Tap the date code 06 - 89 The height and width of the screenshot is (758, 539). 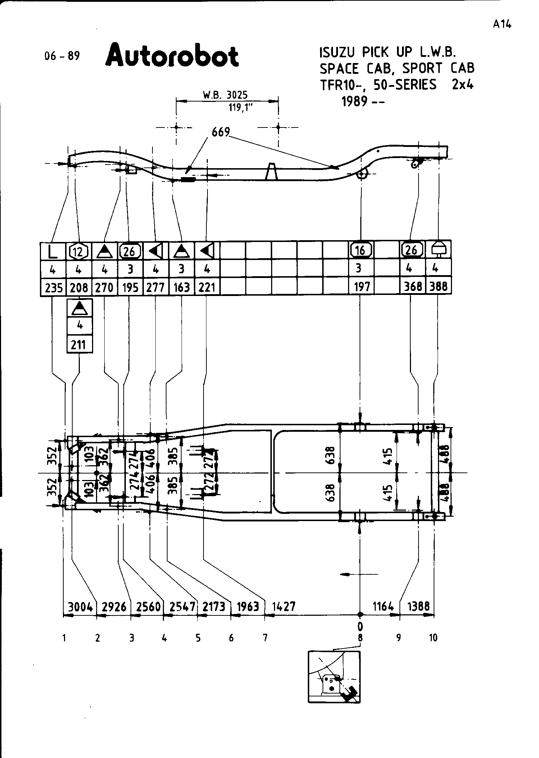click(x=61, y=57)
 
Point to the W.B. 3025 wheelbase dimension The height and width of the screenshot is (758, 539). click(x=225, y=95)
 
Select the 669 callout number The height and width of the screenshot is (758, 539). click(x=220, y=133)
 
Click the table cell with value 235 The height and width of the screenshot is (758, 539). click(x=53, y=287)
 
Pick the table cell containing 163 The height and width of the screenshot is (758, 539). click(x=182, y=287)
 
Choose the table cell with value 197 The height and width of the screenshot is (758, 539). click(x=361, y=287)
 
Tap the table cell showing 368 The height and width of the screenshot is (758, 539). click(x=412, y=287)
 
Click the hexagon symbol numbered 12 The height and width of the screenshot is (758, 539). click(x=79, y=251)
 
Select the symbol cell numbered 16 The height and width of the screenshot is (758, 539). click(x=361, y=250)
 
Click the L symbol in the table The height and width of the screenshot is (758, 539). click(x=53, y=251)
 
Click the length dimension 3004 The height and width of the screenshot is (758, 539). click(x=80, y=607)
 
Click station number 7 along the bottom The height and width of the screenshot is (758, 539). click(x=265, y=638)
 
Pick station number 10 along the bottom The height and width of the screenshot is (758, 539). click(x=433, y=638)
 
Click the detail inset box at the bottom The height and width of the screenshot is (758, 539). click(x=334, y=677)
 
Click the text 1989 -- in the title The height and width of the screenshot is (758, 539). click(x=362, y=102)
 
